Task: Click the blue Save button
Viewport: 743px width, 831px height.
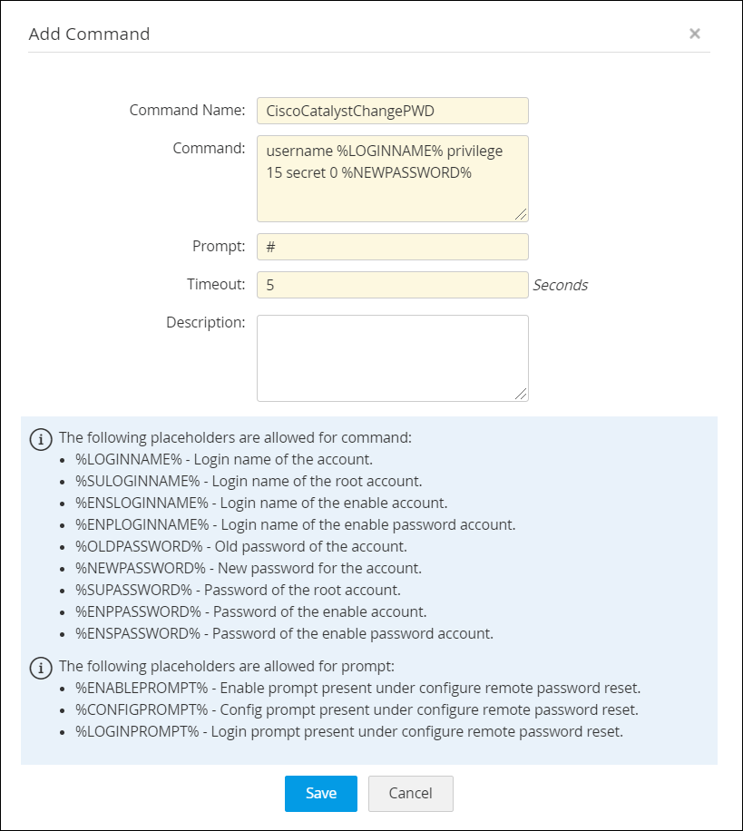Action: coord(320,793)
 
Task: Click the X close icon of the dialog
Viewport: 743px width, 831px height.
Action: coord(695,34)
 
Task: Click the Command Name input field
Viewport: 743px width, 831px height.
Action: coord(392,111)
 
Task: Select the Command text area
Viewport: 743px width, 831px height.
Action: coord(392,179)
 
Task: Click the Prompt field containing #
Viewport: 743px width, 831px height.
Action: coord(392,247)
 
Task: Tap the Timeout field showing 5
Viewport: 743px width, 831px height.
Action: coord(392,285)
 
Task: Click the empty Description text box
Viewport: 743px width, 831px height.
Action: coord(392,357)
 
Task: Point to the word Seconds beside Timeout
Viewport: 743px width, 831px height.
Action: coord(560,285)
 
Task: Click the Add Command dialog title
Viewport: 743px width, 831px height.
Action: coord(89,34)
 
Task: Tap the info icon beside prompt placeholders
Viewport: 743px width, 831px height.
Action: coord(41,668)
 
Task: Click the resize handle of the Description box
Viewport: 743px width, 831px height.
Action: coord(522,395)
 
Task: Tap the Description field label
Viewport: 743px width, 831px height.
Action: coord(205,322)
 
